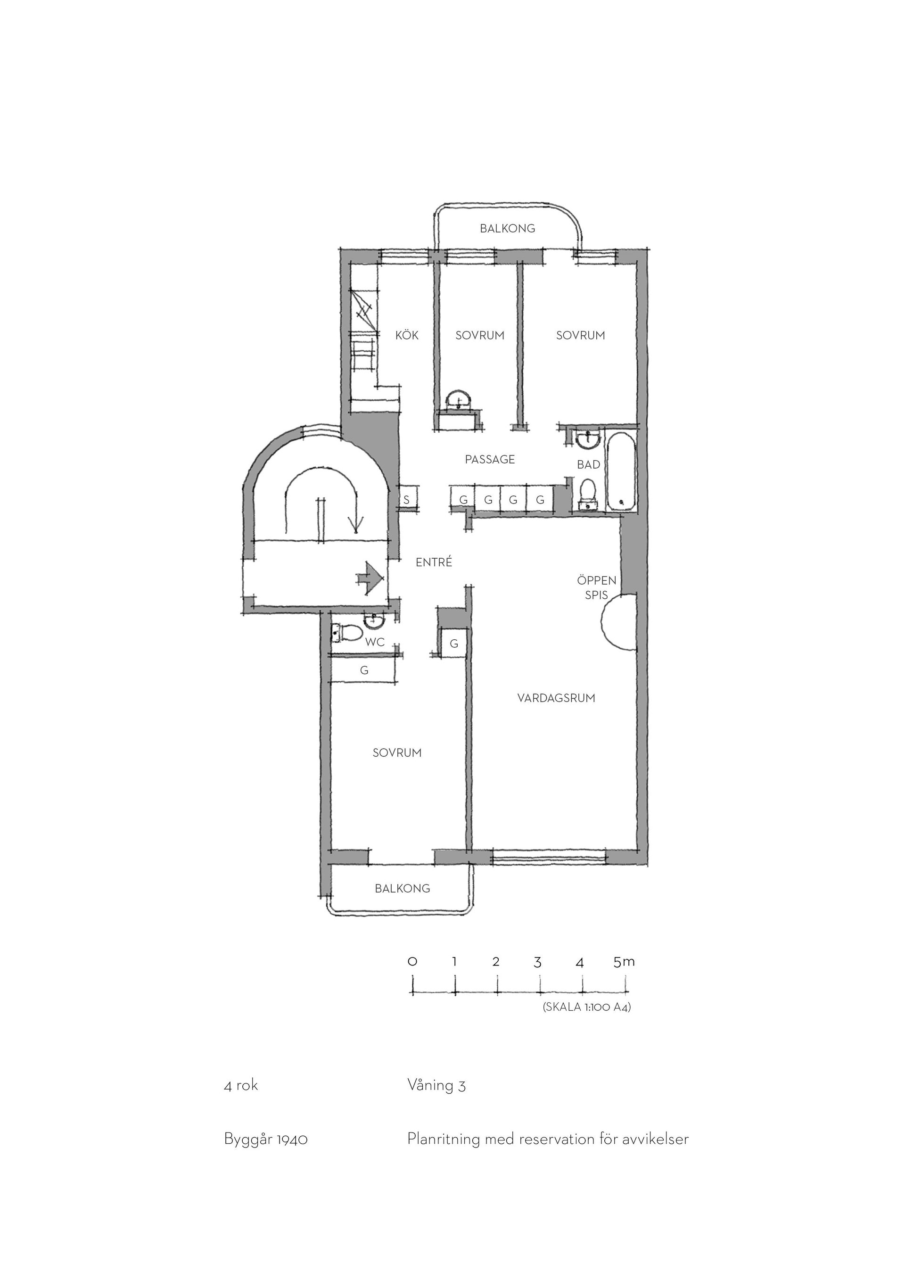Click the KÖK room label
[x=407, y=335]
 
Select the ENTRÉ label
[x=434, y=562]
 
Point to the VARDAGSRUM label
[x=556, y=698]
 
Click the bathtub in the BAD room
[x=620, y=471]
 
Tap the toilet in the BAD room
[x=588, y=494]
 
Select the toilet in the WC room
[x=346, y=633]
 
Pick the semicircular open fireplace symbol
[x=618, y=621]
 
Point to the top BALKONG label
[x=507, y=228]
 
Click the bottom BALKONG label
[x=403, y=888]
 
